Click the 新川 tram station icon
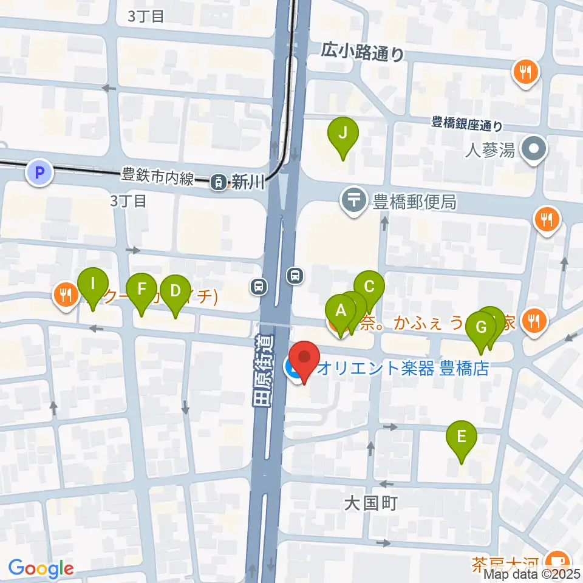(x=217, y=181)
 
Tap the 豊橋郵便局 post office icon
(x=353, y=201)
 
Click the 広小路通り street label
(x=363, y=53)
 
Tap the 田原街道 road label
(x=262, y=371)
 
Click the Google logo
(x=41, y=569)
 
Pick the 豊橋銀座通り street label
(x=466, y=126)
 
